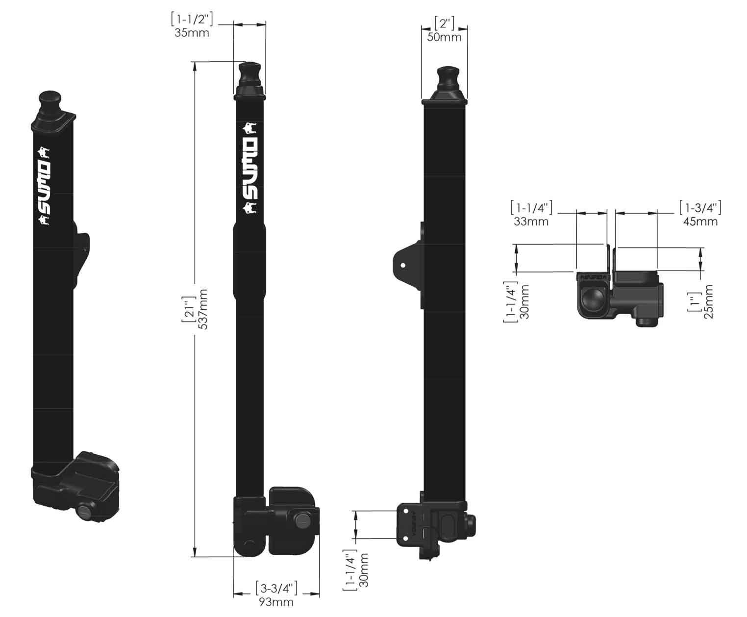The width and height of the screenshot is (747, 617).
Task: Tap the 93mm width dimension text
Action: click(x=276, y=602)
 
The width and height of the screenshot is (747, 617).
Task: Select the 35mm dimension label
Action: click(x=192, y=33)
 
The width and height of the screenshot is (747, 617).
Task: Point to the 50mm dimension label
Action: click(x=444, y=37)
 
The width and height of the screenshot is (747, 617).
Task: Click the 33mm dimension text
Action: click(x=531, y=222)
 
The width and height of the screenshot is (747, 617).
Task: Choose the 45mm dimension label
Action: click(x=700, y=222)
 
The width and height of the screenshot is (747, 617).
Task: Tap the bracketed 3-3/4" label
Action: click(x=276, y=588)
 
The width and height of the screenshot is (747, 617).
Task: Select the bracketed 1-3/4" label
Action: click(x=700, y=207)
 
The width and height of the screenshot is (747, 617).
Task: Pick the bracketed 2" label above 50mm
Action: click(x=444, y=23)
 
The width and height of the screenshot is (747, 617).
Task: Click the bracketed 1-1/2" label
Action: click(x=192, y=20)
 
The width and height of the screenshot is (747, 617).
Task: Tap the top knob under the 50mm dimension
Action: click(x=447, y=77)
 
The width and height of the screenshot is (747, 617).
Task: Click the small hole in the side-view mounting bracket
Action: click(x=403, y=265)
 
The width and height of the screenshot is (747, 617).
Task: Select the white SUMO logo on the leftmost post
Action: click(x=44, y=187)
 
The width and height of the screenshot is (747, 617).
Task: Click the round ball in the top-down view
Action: click(x=594, y=299)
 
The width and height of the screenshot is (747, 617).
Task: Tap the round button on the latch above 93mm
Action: click(x=301, y=520)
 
